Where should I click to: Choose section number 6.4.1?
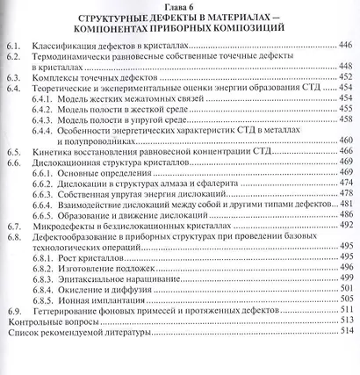(x=53, y=101)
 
